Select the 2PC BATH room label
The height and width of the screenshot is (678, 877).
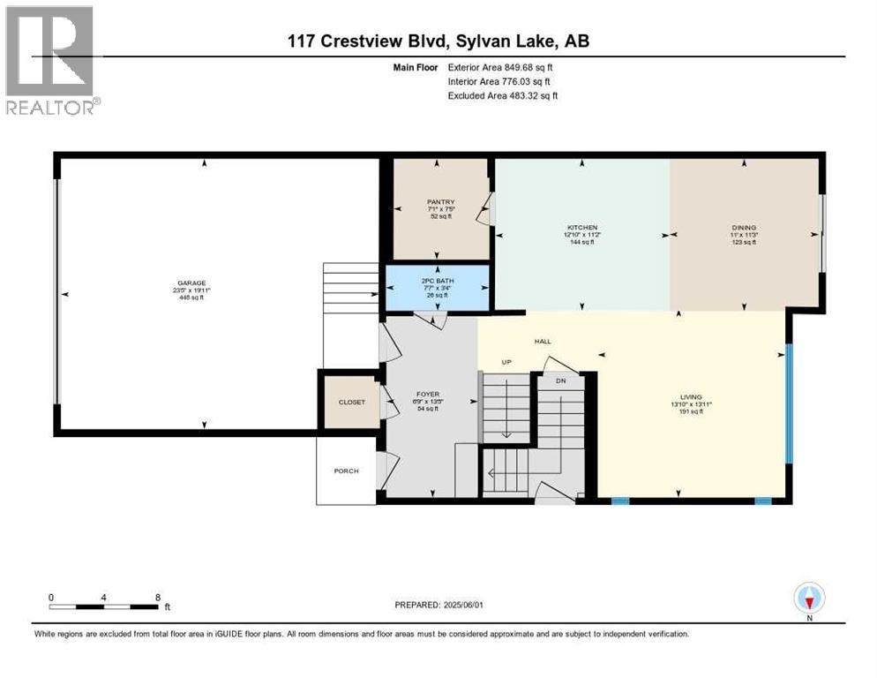tap(438, 281)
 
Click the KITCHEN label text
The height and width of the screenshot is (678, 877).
tap(582, 227)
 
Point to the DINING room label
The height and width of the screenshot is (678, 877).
tap(744, 227)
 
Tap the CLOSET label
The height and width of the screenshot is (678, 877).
tap(348, 402)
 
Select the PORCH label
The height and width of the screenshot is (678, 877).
tap(346, 471)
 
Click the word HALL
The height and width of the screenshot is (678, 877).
tap(542, 341)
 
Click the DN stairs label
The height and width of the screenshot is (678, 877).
tap(559, 381)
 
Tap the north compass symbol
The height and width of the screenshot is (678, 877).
tap(808, 600)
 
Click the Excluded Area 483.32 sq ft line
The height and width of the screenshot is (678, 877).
tap(502, 95)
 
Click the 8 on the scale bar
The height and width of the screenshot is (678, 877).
tap(157, 597)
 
